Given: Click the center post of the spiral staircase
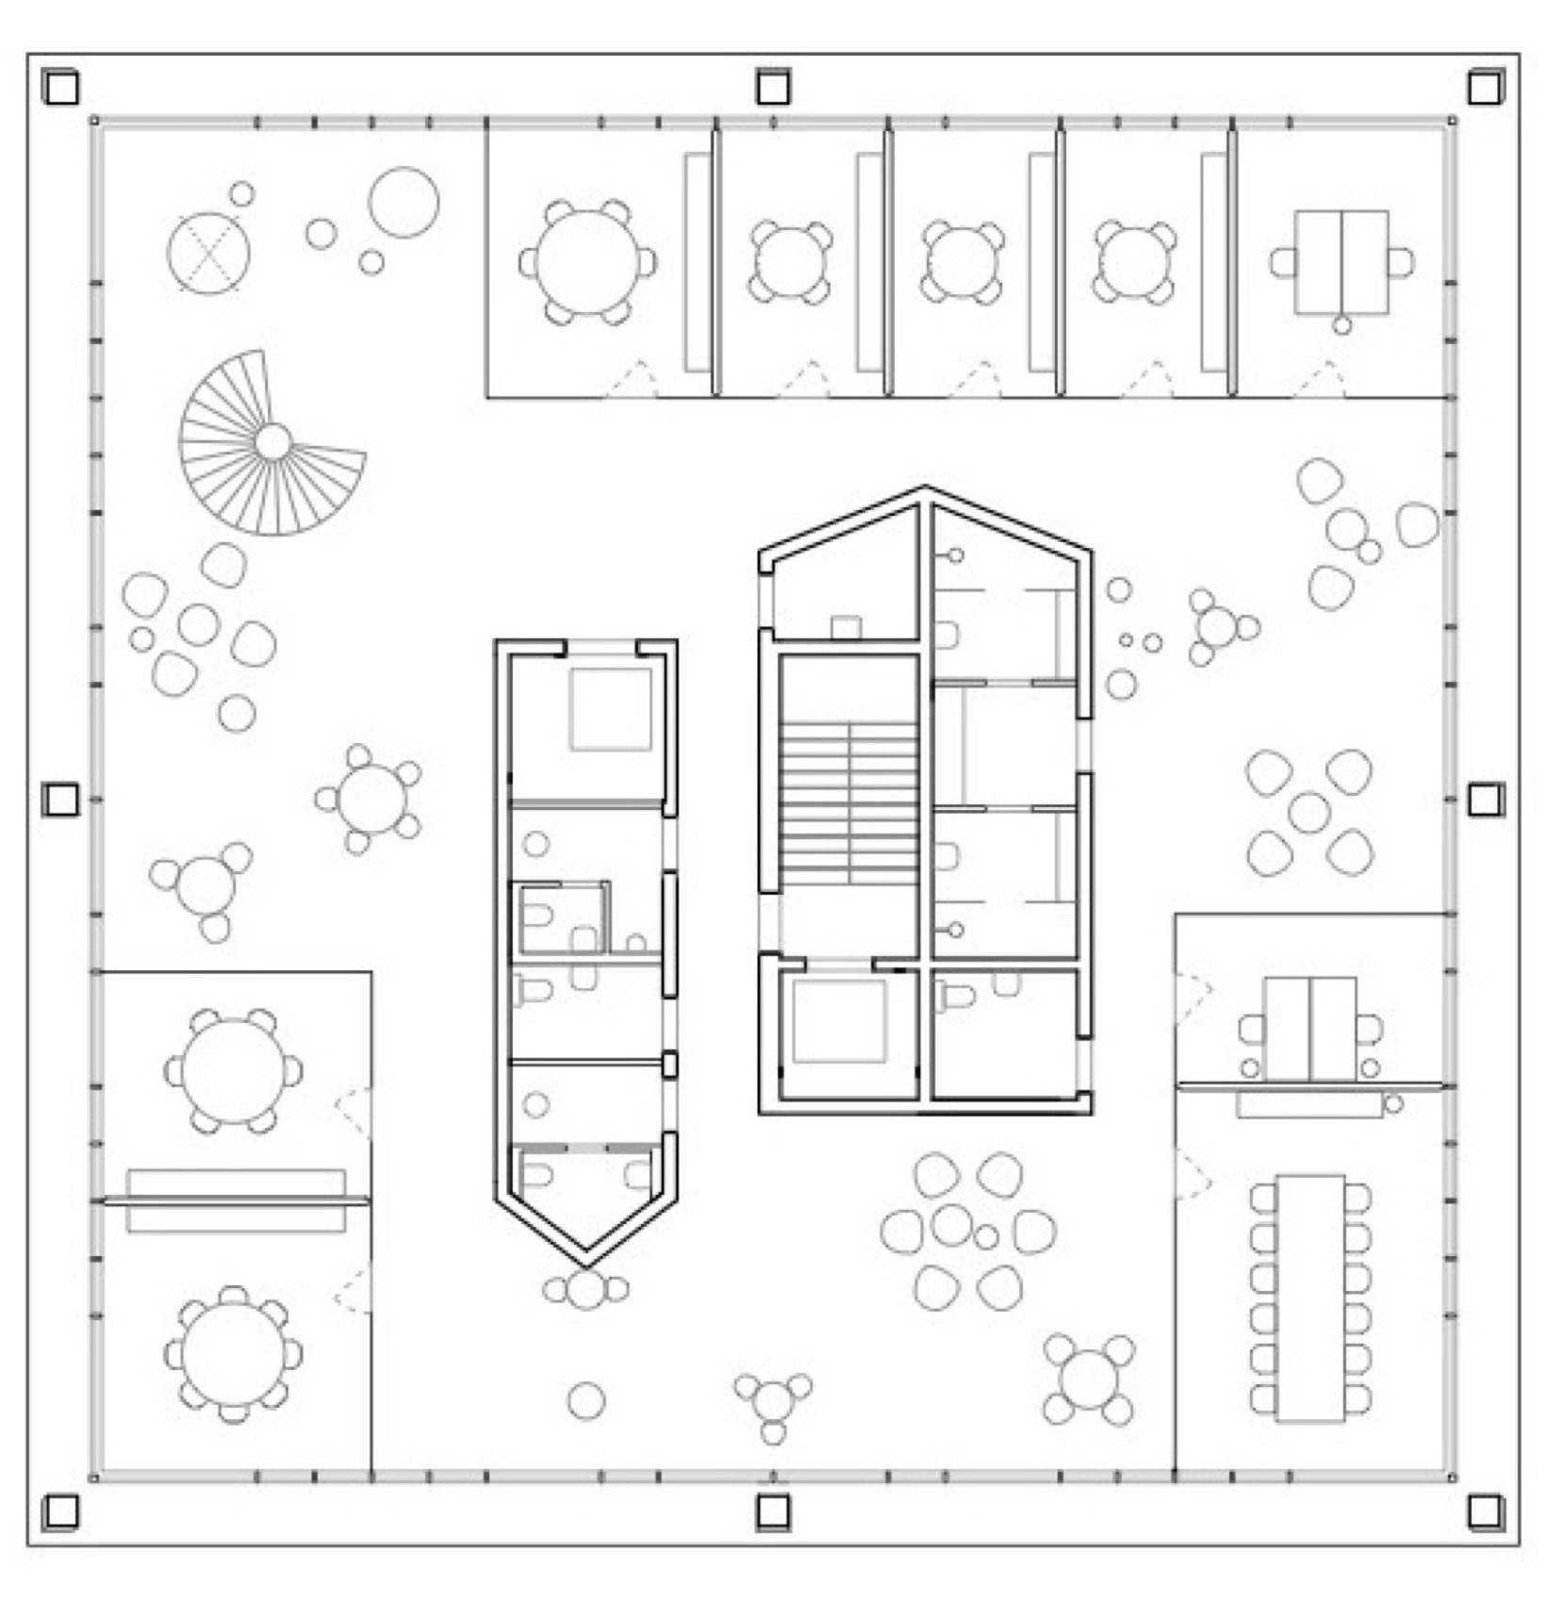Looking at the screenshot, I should [x=272, y=441].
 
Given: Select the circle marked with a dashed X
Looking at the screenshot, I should [x=209, y=253].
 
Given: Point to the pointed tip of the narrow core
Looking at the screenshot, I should [x=585, y=1262].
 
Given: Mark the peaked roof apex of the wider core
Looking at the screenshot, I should [x=925, y=490].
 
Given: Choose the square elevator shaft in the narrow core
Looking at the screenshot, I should [x=610, y=709].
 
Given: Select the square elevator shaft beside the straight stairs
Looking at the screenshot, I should [x=839, y=1021].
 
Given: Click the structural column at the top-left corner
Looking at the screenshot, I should [x=61, y=88].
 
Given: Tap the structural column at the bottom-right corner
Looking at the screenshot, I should [x=1485, y=1512].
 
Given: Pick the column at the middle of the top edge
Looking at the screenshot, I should [x=773, y=88].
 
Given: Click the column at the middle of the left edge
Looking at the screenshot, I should [x=61, y=800].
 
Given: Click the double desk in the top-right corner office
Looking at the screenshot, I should [x=1341, y=262].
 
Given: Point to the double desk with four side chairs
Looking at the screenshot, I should [x=1309, y=1029].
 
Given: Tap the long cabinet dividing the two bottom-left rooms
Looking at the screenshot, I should [x=236, y=1200].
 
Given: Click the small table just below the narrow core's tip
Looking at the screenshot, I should [x=586, y=1289].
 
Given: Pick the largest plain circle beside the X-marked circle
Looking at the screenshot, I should [x=403, y=202].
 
